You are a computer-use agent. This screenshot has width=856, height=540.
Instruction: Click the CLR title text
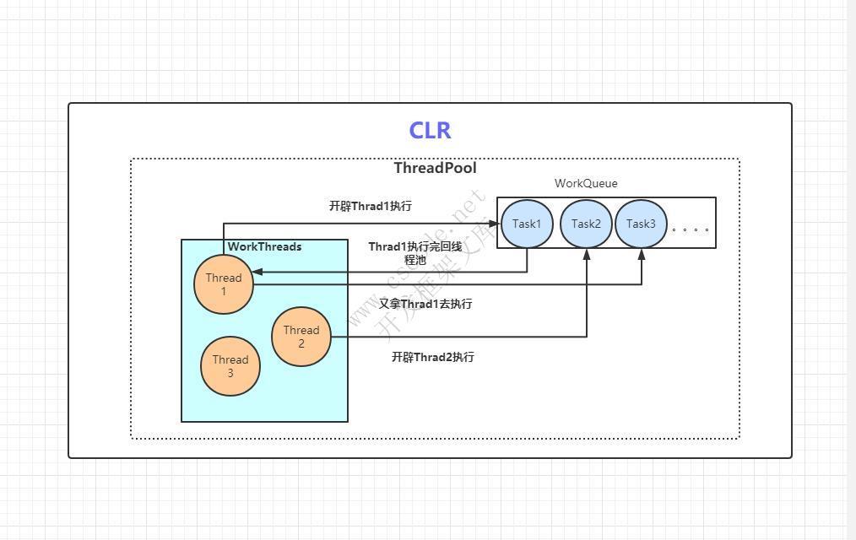point(430,131)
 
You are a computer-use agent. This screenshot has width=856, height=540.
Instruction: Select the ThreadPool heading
point(435,168)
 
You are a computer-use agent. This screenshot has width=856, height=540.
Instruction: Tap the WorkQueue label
point(586,183)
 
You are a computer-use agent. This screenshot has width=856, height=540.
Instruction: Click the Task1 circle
point(527,224)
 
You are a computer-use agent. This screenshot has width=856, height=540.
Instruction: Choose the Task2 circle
point(586,224)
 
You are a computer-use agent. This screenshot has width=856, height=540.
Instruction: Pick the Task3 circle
point(641,224)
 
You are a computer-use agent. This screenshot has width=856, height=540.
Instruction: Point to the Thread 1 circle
point(224,285)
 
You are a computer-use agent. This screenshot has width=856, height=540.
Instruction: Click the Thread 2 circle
point(301,337)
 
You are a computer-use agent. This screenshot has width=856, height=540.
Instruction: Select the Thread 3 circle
point(230,367)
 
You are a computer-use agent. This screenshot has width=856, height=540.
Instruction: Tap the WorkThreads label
point(264,247)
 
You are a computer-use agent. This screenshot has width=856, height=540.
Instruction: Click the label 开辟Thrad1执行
point(371,206)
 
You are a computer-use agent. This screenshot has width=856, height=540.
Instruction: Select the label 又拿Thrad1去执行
point(425,304)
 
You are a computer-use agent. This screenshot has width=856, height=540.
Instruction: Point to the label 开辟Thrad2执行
point(432,357)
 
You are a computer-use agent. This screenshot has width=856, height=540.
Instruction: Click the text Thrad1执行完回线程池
point(414,253)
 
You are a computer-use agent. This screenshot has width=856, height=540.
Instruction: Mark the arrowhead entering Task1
point(494,224)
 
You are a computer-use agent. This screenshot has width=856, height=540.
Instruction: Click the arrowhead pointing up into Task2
point(587,255)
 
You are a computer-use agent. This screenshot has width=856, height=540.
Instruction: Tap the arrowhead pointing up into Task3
point(642,255)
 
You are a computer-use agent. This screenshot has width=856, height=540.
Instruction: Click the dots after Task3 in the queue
point(690,229)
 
